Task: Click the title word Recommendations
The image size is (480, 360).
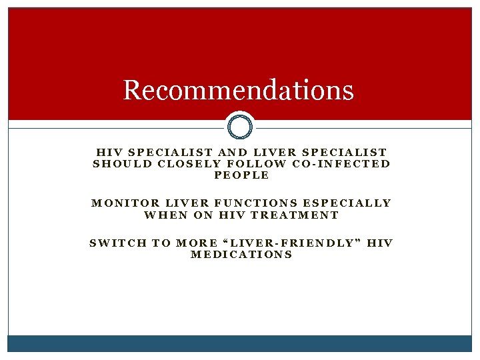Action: pyautogui.click(x=238, y=90)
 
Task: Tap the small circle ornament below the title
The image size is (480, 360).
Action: pyautogui.click(x=240, y=126)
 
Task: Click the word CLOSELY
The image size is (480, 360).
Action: pyautogui.click(x=182, y=163)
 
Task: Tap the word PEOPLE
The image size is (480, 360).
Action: pyautogui.click(x=241, y=175)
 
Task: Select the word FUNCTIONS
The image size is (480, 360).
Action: pyautogui.click(x=257, y=203)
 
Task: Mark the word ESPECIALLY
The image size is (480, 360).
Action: pyautogui.click(x=347, y=203)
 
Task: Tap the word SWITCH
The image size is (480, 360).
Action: pyautogui.click(x=117, y=243)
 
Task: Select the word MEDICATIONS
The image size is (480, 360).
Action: pyautogui.click(x=241, y=255)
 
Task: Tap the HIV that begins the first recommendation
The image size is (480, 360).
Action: pyautogui.click(x=109, y=152)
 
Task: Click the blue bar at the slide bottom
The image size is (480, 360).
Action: pyautogui.click(x=240, y=343)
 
